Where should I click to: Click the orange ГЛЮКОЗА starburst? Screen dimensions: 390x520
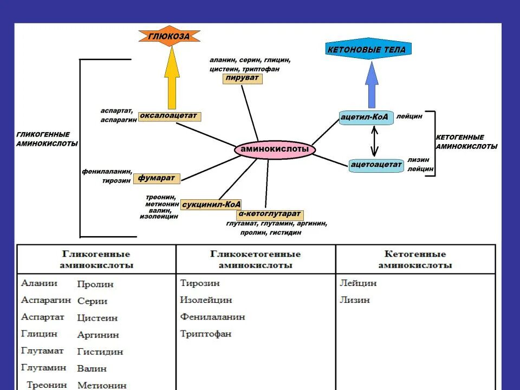(169, 36)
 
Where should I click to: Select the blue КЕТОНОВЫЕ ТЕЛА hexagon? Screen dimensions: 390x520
(366, 50)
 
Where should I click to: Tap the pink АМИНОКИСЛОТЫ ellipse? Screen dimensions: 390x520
(275, 149)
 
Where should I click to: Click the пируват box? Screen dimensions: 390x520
(242, 79)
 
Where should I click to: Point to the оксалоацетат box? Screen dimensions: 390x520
(170, 116)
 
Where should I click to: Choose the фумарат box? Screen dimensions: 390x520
(156, 178)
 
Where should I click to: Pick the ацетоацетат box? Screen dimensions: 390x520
(376, 164)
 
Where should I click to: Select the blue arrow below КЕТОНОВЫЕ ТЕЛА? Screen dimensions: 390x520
(372, 85)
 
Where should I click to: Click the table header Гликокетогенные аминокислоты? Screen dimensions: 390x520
(256, 259)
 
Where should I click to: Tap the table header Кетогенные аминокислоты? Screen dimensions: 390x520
(415, 259)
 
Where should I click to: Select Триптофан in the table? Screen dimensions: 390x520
(205, 334)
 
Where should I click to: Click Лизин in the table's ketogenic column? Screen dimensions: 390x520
(355, 300)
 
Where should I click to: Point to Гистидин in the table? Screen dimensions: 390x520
(100, 352)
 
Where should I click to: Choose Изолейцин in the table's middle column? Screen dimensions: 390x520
(206, 300)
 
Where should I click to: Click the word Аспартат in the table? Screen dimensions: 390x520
(43, 317)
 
